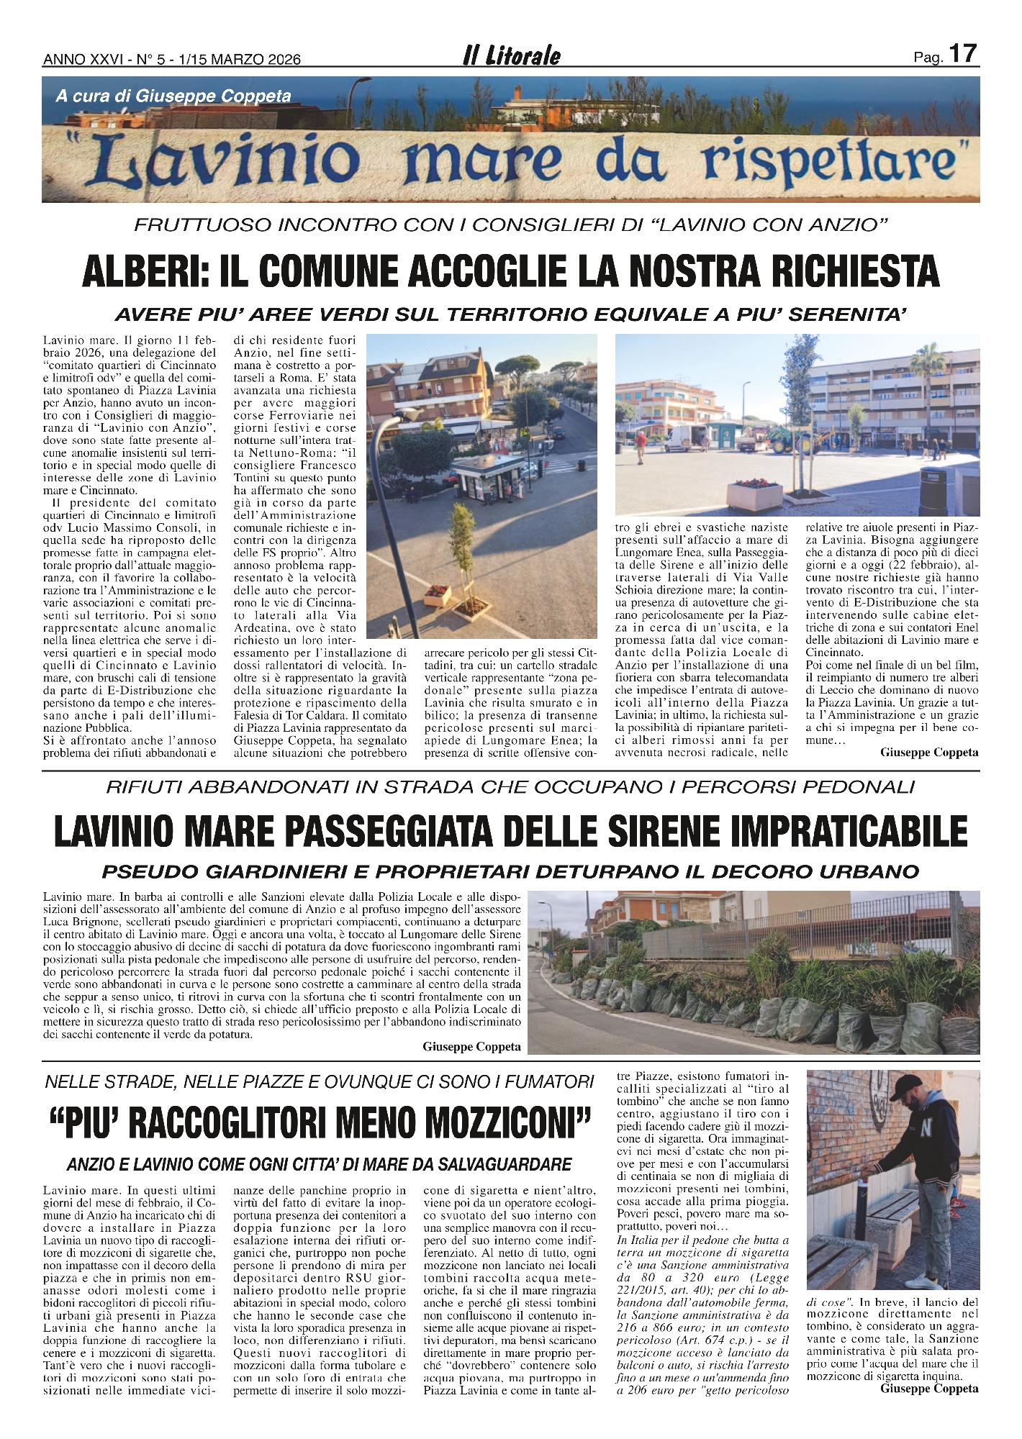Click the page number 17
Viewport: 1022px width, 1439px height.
(x=963, y=54)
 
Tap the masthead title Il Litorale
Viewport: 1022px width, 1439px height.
(x=511, y=56)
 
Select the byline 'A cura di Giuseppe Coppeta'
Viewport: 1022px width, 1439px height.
(x=173, y=96)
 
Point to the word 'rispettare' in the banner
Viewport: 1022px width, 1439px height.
(x=831, y=162)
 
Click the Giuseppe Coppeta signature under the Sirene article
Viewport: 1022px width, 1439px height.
(x=471, y=1047)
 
